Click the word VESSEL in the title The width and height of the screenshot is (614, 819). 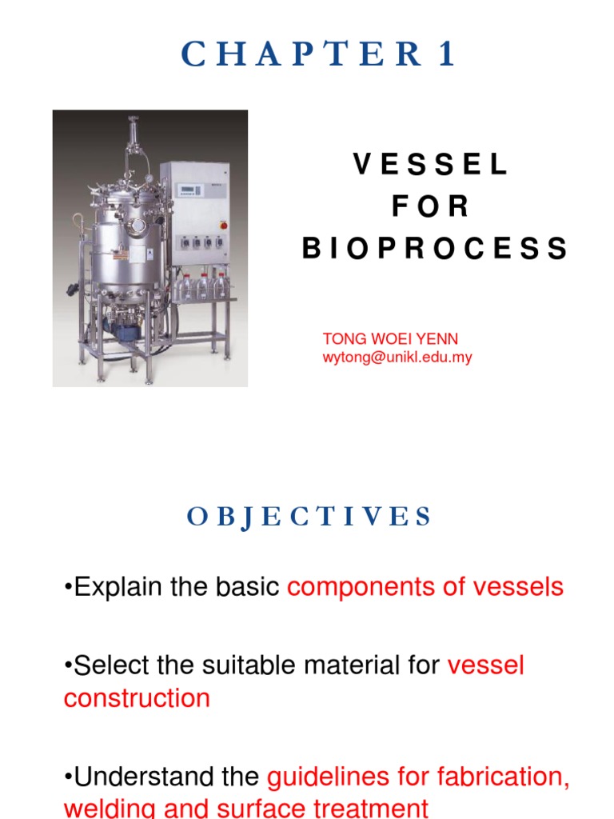coord(431,165)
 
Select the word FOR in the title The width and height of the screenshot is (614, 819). coord(431,207)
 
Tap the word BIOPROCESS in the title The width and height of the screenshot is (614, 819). coord(435,249)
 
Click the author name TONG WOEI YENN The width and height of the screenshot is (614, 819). coord(390,339)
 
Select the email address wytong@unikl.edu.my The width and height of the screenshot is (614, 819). coord(397,358)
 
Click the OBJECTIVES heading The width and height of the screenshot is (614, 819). coord(309,517)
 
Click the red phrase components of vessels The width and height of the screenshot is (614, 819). coord(425,587)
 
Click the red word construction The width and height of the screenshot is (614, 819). coord(137,698)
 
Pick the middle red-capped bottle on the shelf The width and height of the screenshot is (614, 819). coord(203,285)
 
